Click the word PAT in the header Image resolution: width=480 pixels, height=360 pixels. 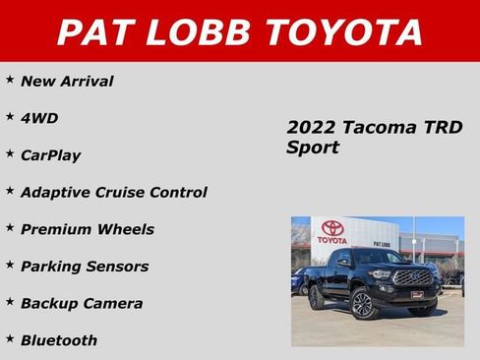click(96, 32)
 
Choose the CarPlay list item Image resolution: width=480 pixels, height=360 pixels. click(50, 155)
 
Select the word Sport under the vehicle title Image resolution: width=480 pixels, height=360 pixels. click(313, 149)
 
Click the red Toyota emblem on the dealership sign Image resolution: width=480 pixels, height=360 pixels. click(332, 227)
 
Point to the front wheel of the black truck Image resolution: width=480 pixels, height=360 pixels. click(363, 304)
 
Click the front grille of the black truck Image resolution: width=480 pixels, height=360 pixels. click(412, 277)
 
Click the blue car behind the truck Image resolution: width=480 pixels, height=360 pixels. click(298, 282)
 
